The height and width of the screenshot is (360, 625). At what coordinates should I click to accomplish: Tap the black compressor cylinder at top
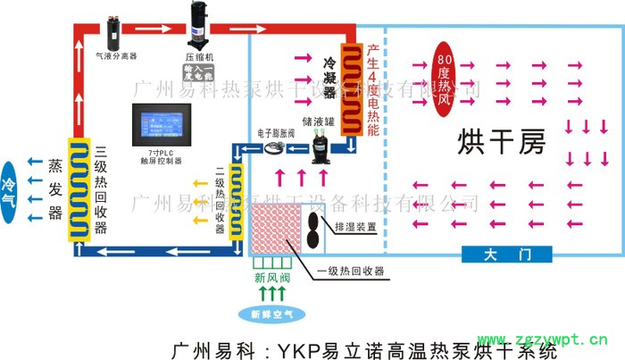coord(196,23)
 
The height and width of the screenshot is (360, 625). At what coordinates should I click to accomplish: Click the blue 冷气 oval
coord(11,185)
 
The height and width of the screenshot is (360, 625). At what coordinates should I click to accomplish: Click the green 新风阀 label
coord(271,278)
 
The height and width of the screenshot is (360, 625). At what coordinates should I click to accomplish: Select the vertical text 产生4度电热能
coord(373,88)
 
